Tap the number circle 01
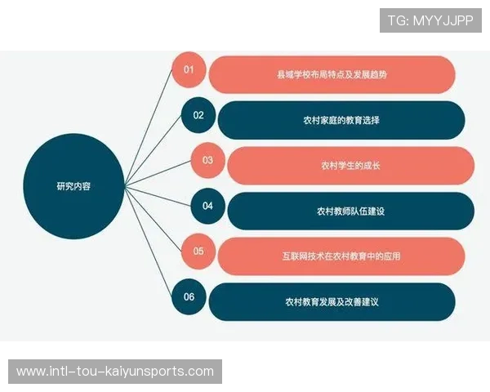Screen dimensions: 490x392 (x=189, y=69)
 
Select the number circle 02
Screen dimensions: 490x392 (x=198, y=115)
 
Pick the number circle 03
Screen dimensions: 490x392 (x=207, y=160)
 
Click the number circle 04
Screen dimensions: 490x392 (x=207, y=206)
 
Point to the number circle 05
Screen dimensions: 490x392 (x=198, y=252)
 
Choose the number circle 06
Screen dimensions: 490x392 (x=189, y=296)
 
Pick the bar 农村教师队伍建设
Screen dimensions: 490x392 (x=350, y=211)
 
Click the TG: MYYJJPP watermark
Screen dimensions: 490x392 (x=430, y=20)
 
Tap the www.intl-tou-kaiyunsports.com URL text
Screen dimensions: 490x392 (x=114, y=372)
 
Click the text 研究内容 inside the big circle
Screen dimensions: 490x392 (x=73, y=185)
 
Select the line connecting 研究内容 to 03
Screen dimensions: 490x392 (x=159, y=174)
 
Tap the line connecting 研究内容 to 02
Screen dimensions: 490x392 (x=155, y=151)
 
